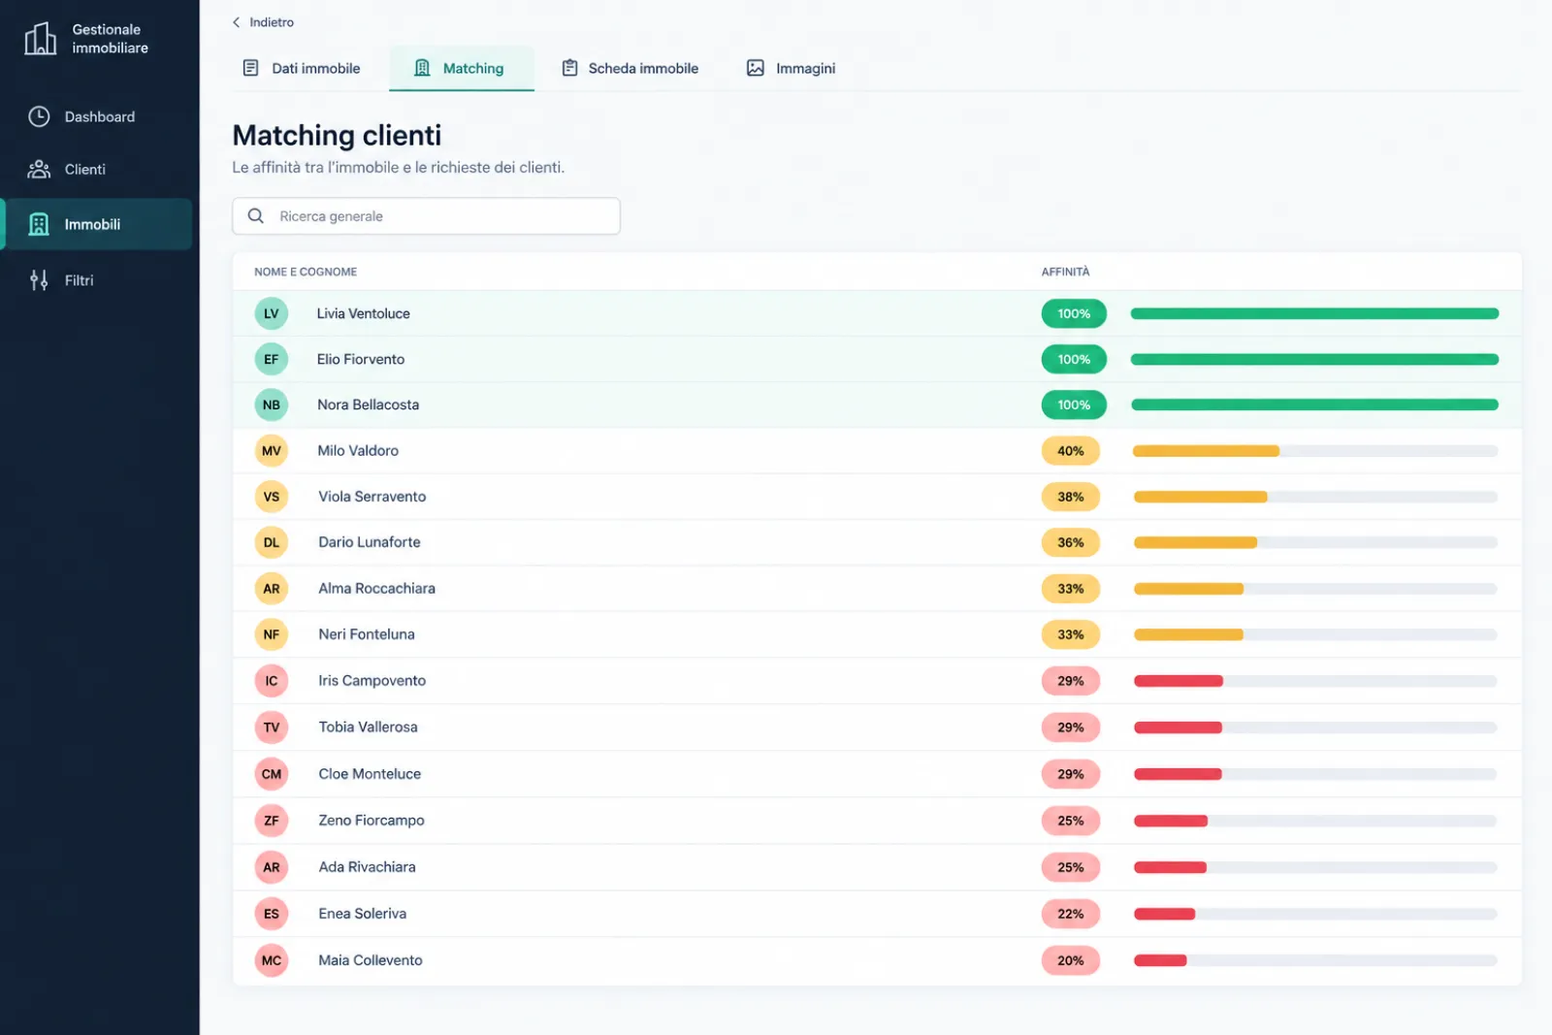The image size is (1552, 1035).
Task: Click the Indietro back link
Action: pyautogui.click(x=263, y=22)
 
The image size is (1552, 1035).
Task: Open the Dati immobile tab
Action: pyautogui.click(x=302, y=68)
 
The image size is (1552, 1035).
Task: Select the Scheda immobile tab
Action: pyautogui.click(x=630, y=68)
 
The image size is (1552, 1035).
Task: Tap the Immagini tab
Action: pyautogui.click(x=791, y=68)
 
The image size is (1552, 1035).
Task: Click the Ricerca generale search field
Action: pyautogui.click(x=426, y=216)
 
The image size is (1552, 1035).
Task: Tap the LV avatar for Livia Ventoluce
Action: pyautogui.click(x=271, y=313)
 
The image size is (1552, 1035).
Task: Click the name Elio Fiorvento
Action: pyautogui.click(x=360, y=359)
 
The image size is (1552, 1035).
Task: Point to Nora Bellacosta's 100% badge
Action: pyautogui.click(x=1073, y=404)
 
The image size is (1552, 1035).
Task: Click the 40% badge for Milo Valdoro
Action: pyautogui.click(x=1071, y=451)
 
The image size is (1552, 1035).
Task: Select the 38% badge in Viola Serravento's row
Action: pyautogui.click(x=1071, y=497)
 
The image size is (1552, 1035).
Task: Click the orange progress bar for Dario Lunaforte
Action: pyautogui.click(x=1195, y=542)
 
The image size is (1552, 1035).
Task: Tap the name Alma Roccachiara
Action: pyautogui.click(x=377, y=588)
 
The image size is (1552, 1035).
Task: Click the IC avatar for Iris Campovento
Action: pyautogui.click(x=271, y=680)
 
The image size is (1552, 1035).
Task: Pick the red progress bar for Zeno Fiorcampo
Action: pyautogui.click(x=1171, y=821)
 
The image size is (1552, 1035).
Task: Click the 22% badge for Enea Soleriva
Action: pyautogui.click(x=1071, y=914)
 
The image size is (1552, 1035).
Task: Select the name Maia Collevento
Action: pyautogui.click(x=370, y=960)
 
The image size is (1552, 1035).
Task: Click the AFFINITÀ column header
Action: pyautogui.click(x=1065, y=272)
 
